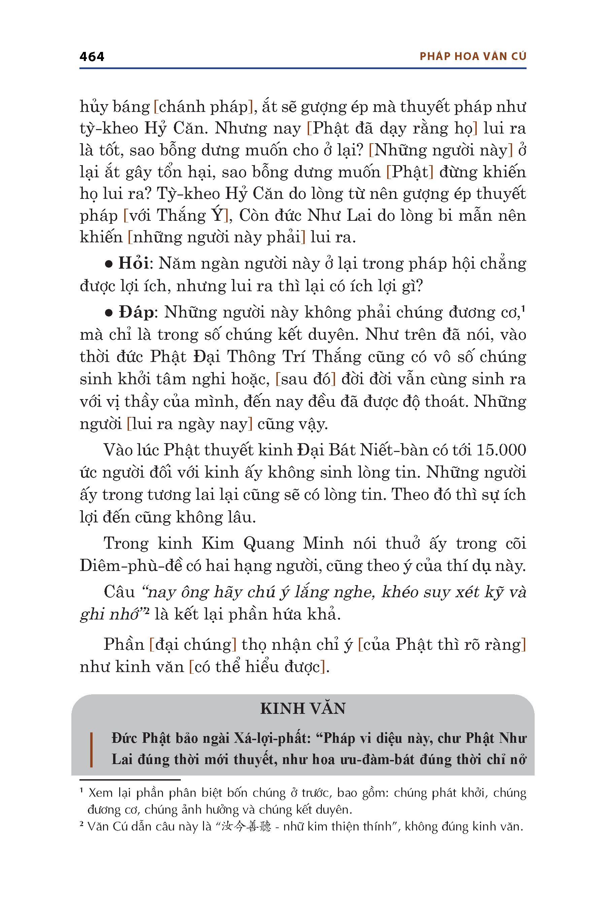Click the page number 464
(x=92, y=57)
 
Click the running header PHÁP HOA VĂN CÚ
(x=473, y=57)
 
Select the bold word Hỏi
(x=133, y=264)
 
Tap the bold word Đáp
(x=136, y=312)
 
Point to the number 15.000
(x=501, y=450)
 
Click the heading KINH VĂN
(x=303, y=708)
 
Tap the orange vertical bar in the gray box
(x=91, y=750)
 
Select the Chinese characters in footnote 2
(x=246, y=826)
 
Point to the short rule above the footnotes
(x=130, y=780)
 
